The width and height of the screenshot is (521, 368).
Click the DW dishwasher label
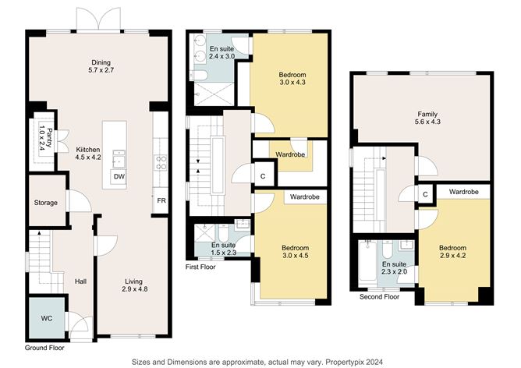click(x=119, y=177)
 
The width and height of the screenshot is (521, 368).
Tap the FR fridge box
click(x=161, y=200)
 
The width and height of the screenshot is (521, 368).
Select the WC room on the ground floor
click(x=47, y=317)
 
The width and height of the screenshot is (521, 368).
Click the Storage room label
click(x=46, y=203)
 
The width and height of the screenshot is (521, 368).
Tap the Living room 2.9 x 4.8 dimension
click(x=134, y=289)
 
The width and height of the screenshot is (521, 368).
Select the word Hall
click(x=81, y=281)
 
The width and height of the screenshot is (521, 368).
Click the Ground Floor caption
click(x=44, y=348)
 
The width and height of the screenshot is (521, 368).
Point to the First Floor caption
click(x=200, y=267)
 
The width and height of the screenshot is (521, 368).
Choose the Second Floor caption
click(x=380, y=296)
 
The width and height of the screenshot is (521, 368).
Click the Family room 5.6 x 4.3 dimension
click(x=427, y=122)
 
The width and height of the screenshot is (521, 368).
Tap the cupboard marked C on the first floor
click(x=263, y=176)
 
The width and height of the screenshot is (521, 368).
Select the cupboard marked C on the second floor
click(x=425, y=194)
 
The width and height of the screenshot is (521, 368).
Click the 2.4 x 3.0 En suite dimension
click(x=222, y=56)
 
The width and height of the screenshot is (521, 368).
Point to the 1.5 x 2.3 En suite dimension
click(x=224, y=253)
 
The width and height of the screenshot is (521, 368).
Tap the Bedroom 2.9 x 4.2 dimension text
click(x=452, y=256)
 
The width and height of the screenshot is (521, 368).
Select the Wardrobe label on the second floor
click(x=464, y=192)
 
